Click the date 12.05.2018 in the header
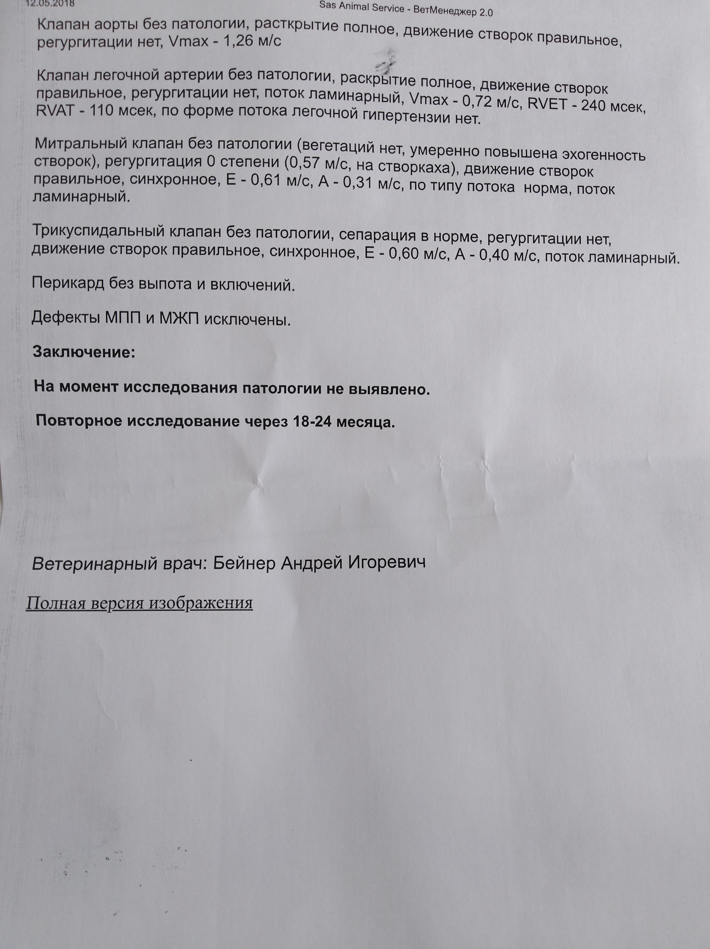click(50, 4)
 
